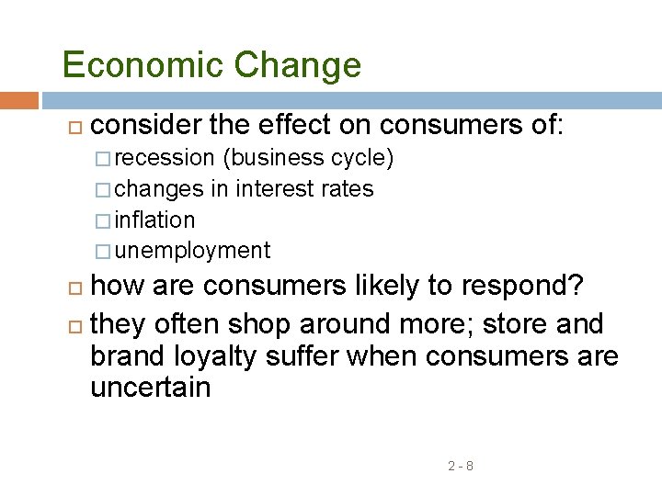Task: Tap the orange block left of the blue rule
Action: click(x=18, y=100)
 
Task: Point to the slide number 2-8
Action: click(x=461, y=466)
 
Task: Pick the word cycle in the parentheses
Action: click(x=361, y=159)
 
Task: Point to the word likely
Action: click(x=382, y=287)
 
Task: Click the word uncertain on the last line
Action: click(x=150, y=388)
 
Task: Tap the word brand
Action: click(x=125, y=356)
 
